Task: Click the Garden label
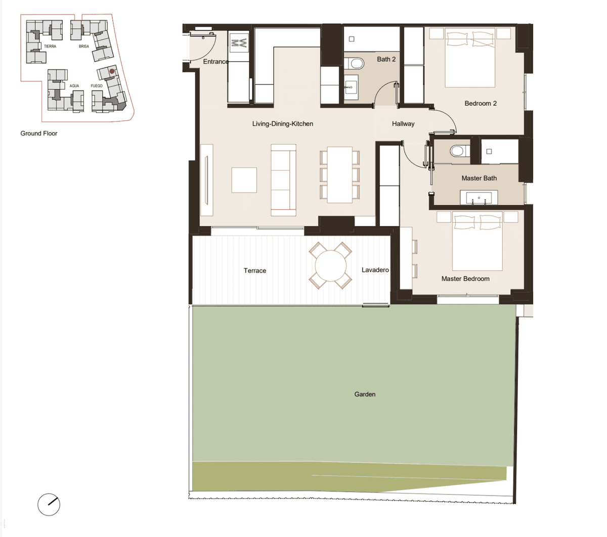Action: pyautogui.click(x=365, y=394)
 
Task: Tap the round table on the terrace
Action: pyautogui.click(x=330, y=265)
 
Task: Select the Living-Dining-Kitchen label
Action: pyautogui.click(x=283, y=124)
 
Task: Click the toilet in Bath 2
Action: pyautogui.click(x=354, y=64)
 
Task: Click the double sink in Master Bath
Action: pyautogui.click(x=479, y=198)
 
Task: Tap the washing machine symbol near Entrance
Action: pyautogui.click(x=239, y=43)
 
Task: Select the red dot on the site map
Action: pyautogui.click(x=112, y=71)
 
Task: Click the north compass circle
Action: pyautogui.click(x=49, y=504)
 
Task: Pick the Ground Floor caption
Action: pyautogui.click(x=38, y=133)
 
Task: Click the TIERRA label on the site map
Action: pyautogui.click(x=50, y=47)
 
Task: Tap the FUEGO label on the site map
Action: pyautogui.click(x=97, y=85)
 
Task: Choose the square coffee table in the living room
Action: pyautogui.click(x=244, y=180)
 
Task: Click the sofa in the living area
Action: pyautogui.click(x=283, y=180)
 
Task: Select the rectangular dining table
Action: pyautogui.click(x=339, y=175)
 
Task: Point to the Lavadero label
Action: pyautogui.click(x=375, y=270)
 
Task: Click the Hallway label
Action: pyautogui.click(x=403, y=124)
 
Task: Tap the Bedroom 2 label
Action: pyautogui.click(x=481, y=103)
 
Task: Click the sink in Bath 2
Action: pyautogui.click(x=351, y=87)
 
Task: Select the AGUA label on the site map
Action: pyautogui.click(x=74, y=85)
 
